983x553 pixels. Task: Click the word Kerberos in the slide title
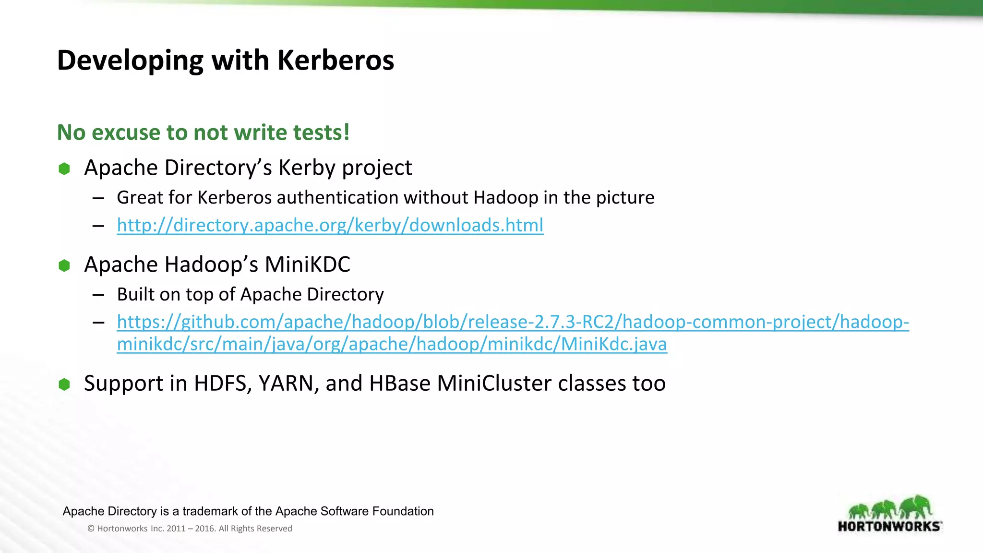336,60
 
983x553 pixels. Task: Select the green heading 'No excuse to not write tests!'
203,132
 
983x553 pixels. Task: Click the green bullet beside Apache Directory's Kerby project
64,168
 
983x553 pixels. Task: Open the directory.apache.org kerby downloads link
330,225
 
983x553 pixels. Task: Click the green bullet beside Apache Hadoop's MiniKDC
64,265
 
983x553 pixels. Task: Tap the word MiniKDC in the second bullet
307,264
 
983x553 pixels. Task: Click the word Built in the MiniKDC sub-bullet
135,294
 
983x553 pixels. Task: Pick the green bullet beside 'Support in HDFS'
64,384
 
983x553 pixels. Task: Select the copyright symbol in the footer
91,529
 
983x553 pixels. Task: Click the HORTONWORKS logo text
889,527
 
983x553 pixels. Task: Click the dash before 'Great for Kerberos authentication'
98,198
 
